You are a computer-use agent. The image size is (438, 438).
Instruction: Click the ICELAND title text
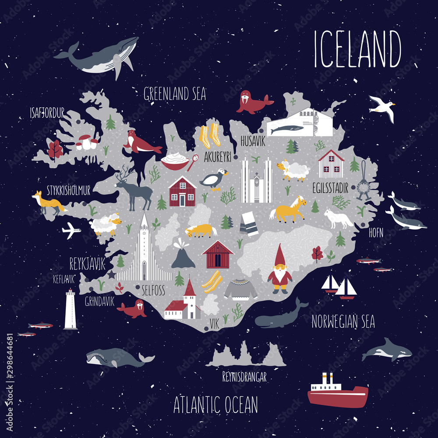tap(357, 49)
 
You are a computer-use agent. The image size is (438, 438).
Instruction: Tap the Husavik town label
tap(253, 141)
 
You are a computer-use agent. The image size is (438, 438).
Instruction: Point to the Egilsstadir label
tap(331, 189)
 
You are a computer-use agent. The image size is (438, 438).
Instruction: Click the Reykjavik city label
tap(88, 263)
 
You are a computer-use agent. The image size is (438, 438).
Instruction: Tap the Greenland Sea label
tap(175, 93)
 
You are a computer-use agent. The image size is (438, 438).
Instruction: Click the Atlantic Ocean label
tap(215, 405)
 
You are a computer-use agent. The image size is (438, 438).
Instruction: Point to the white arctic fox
tap(338, 218)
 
